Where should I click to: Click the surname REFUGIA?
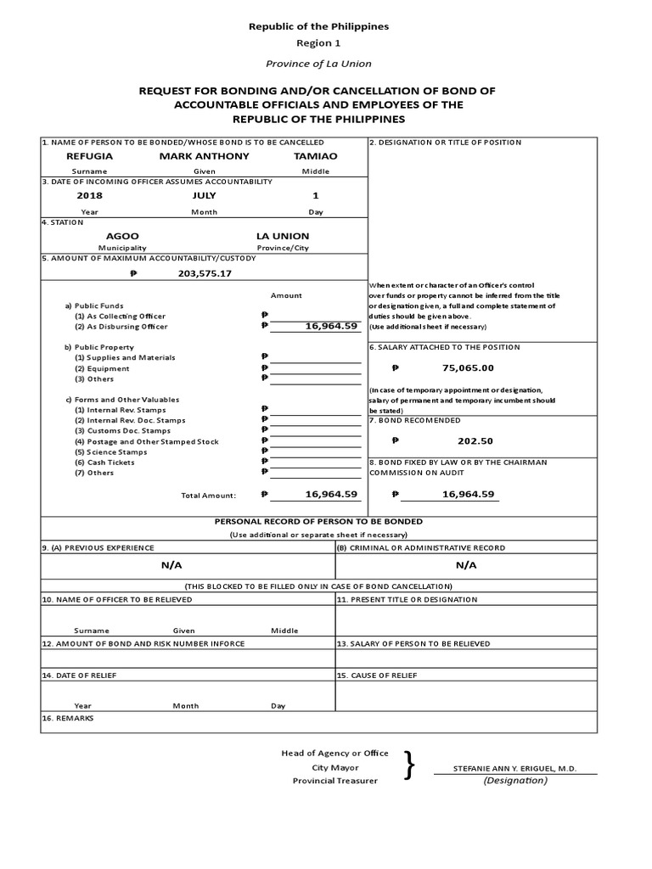pyautogui.click(x=89, y=156)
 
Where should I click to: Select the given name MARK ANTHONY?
pyautogui.click(x=205, y=156)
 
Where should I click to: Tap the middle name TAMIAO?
pyautogui.click(x=315, y=156)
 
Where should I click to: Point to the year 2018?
pyautogui.click(x=89, y=196)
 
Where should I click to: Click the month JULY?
pyautogui.click(x=204, y=196)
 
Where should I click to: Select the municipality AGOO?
pyautogui.click(x=122, y=236)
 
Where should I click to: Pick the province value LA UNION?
pyautogui.click(x=283, y=236)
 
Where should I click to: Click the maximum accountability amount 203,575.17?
pyautogui.click(x=205, y=274)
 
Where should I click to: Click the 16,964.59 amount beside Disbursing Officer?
pyautogui.click(x=328, y=325)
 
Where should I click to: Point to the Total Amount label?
pyautogui.click(x=208, y=495)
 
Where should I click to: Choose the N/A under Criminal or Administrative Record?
pyautogui.click(x=466, y=565)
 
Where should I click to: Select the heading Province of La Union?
pyautogui.click(x=318, y=64)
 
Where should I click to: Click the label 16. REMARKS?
pyautogui.click(x=69, y=718)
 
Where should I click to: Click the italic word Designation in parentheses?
pyautogui.click(x=515, y=781)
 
